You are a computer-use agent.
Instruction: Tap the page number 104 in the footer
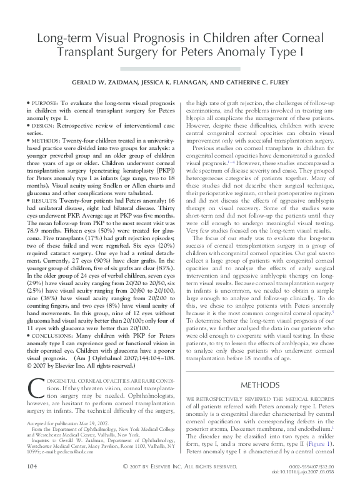(29, 467)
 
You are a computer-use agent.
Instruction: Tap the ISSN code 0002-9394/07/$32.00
(311, 466)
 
